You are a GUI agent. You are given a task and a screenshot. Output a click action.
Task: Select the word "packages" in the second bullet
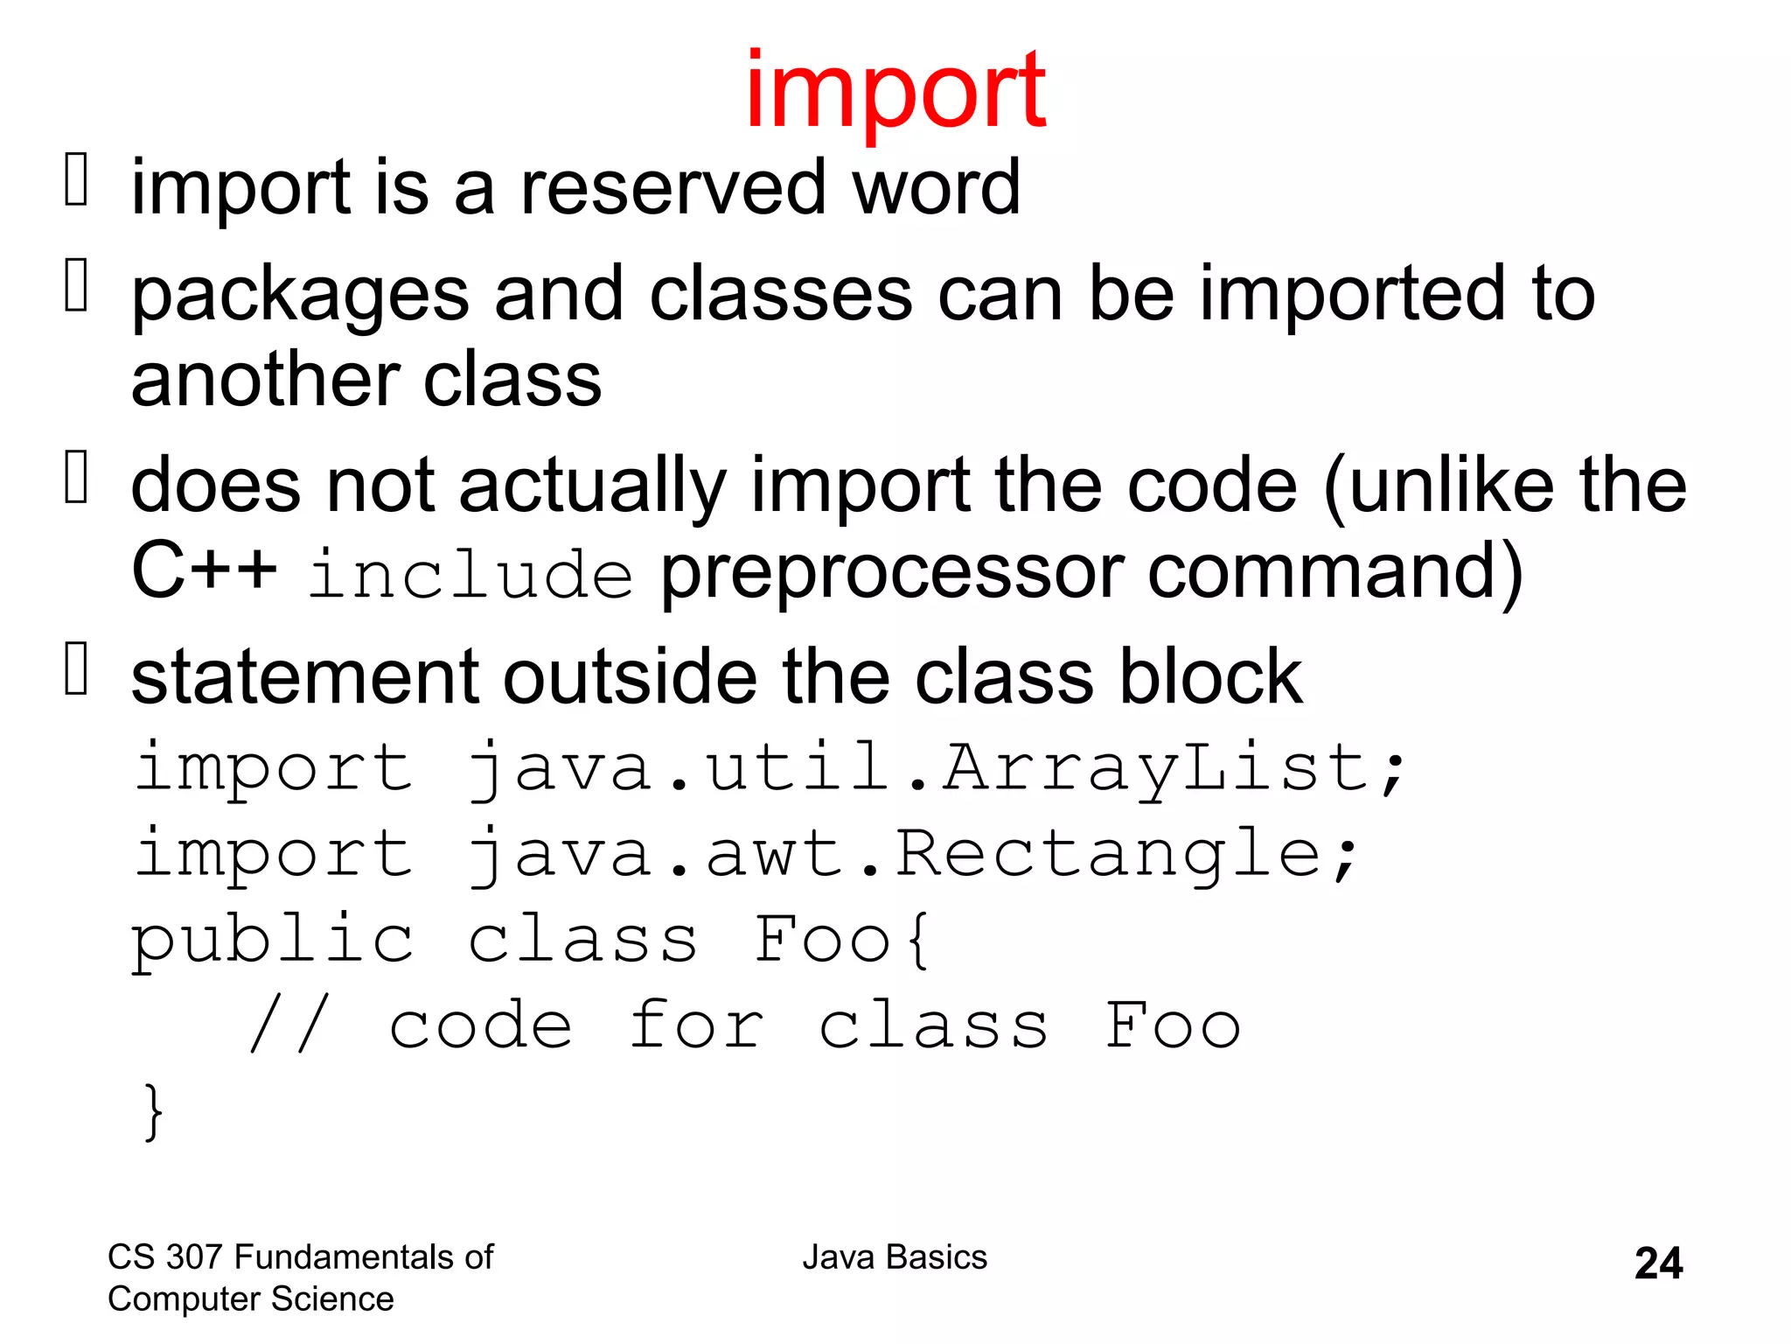(300, 295)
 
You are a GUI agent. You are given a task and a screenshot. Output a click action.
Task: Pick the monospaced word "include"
(470, 574)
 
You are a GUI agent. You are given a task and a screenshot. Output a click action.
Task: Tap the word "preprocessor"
(891, 574)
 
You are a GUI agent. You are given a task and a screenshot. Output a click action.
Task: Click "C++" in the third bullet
(204, 570)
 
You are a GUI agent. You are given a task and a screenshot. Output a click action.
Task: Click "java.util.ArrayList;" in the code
(935, 767)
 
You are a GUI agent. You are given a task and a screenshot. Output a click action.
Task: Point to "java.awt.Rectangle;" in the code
(911, 853)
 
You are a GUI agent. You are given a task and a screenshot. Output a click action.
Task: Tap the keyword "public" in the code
(273, 940)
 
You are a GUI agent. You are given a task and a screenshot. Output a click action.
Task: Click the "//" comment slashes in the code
(289, 1025)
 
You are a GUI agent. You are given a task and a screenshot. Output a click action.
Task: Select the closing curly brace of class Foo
(153, 1111)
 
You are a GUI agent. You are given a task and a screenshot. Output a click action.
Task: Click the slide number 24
(1658, 1263)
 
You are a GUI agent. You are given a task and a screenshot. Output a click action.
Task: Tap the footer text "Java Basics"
(895, 1257)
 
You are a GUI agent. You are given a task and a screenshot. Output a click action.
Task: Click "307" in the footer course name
(194, 1257)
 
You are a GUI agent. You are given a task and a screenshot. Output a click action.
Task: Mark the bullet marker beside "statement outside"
(77, 668)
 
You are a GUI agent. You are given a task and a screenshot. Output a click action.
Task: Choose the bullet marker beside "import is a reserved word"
(77, 178)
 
